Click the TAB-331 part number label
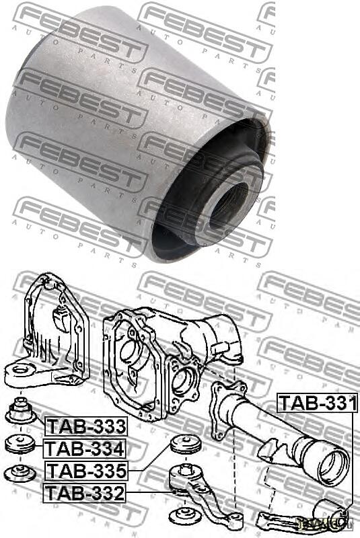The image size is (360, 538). (318, 403)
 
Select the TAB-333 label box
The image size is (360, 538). (85, 426)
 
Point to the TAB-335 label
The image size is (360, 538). (85, 470)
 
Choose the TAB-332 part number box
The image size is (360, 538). (85, 493)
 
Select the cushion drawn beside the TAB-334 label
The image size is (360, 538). (20, 445)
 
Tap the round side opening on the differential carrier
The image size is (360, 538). (182, 381)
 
